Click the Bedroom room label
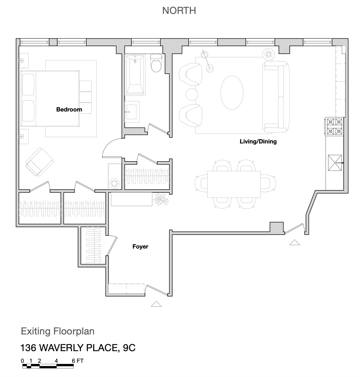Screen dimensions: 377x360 click(69, 110)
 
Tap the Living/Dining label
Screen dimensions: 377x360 click(258, 142)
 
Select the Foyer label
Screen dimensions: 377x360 click(140, 247)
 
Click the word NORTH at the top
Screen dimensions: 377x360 click(179, 11)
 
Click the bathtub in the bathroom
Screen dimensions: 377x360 click(135, 75)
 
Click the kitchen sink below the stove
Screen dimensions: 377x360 click(334, 163)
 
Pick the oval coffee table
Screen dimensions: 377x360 click(232, 93)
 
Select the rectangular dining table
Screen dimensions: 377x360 click(234, 184)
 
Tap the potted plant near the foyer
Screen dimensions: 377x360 click(161, 199)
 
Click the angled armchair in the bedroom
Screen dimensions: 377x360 click(39, 162)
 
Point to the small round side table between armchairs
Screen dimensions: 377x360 click(191, 94)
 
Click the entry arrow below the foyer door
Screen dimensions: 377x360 click(156, 304)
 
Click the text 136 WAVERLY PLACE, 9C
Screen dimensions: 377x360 click(78, 348)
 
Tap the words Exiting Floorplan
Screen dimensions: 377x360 click(57, 331)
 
